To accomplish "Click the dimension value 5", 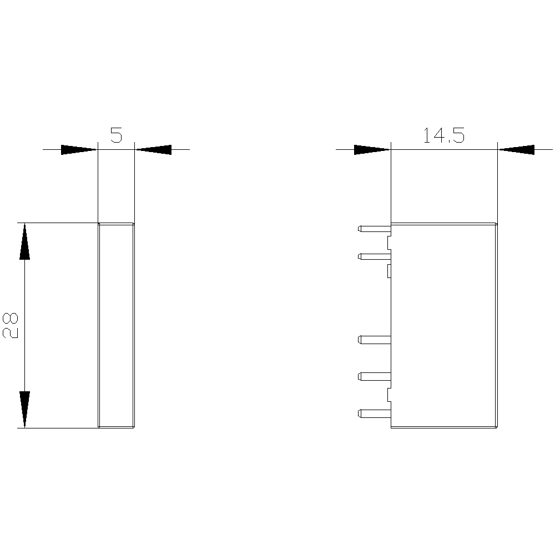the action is [116, 135].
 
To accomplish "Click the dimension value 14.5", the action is [444, 135].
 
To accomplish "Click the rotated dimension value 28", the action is [10, 325].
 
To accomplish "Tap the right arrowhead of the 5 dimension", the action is [154, 150].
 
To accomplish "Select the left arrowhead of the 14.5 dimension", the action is [372, 150].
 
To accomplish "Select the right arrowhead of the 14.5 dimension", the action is [516, 150].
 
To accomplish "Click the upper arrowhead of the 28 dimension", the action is [24, 241].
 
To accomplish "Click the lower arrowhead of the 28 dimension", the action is [24, 410].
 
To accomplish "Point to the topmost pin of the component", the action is [375, 229].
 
